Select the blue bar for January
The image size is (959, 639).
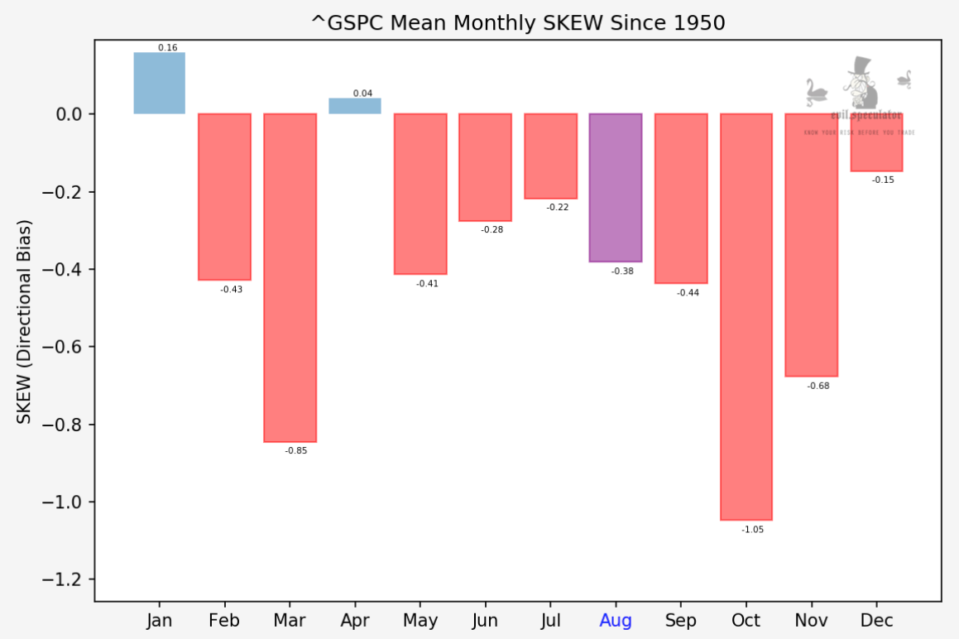click(x=160, y=84)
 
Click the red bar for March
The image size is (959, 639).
click(x=290, y=277)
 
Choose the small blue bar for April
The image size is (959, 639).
click(x=355, y=106)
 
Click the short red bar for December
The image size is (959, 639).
click(x=876, y=142)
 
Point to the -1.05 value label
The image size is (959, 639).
click(x=753, y=530)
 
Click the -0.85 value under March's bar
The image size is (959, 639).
click(x=296, y=451)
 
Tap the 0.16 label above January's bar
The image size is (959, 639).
click(x=168, y=48)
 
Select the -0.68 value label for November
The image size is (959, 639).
click(x=818, y=386)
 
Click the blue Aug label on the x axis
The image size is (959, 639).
click(x=616, y=621)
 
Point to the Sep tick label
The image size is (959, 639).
click(x=681, y=621)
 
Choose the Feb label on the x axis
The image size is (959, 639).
click(x=224, y=621)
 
